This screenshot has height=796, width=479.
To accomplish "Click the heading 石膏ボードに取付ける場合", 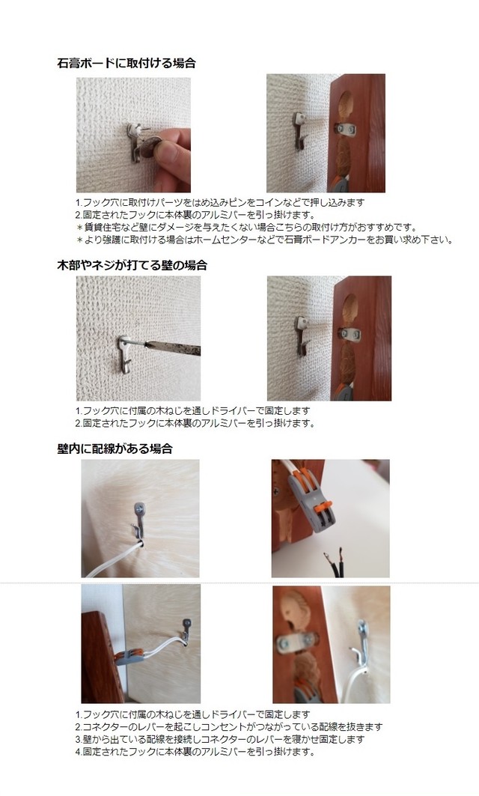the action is tap(126, 64).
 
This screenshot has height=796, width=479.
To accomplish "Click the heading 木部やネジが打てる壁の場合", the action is tap(132, 265).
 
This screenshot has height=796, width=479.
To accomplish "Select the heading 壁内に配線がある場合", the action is tap(115, 449).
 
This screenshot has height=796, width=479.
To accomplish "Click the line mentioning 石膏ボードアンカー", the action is tap(264, 240).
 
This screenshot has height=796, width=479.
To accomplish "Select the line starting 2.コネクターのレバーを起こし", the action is tap(229, 727).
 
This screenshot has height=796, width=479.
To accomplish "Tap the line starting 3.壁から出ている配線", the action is tap(220, 739).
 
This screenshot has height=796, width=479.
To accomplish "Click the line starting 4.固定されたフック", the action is tap(195, 751).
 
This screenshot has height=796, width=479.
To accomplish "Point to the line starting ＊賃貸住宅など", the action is tap(246, 227).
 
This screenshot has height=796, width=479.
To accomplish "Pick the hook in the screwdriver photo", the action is tap(125, 356).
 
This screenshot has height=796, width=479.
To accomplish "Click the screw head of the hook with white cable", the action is tap(138, 508).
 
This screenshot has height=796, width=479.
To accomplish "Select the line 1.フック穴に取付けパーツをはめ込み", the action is tap(220, 202).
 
